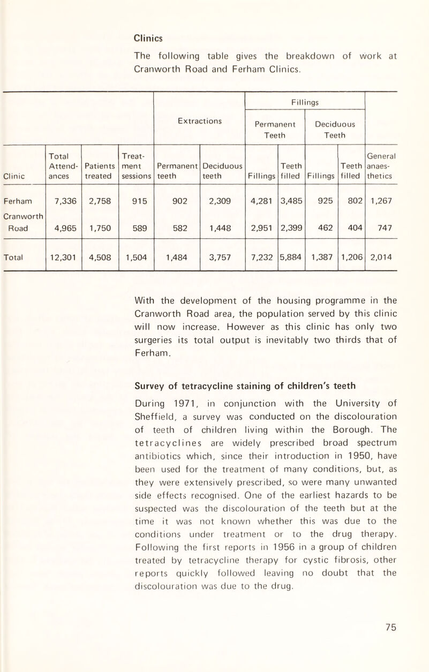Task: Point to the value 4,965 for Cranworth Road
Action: click(64, 225)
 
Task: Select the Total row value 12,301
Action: click(64, 256)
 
